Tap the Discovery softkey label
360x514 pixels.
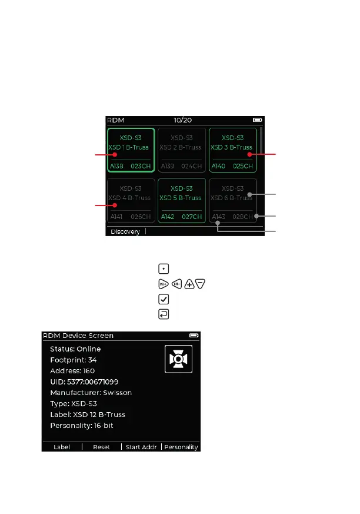click(x=125, y=231)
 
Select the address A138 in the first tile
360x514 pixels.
click(x=117, y=167)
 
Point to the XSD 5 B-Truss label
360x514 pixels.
click(x=181, y=198)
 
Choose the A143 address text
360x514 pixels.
click(x=218, y=217)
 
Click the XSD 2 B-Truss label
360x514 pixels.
click(x=181, y=147)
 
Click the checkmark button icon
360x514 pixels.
click(x=164, y=299)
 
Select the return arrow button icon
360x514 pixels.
click(x=164, y=314)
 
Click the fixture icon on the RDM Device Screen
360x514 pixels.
click(x=178, y=360)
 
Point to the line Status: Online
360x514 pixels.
click(x=75, y=349)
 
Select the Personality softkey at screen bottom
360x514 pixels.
click(x=181, y=447)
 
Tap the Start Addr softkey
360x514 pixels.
click(x=141, y=447)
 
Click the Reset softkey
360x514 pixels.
click(x=101, y=447)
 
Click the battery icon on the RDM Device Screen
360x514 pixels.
click(x=194, y=336)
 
